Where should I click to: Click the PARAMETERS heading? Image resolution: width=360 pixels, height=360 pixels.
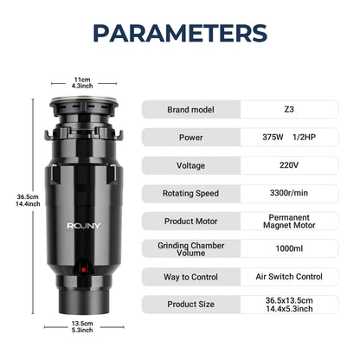[180, 33]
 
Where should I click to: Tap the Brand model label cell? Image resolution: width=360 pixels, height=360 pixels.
[191, 110]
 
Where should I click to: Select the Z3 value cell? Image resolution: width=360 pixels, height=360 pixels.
[289, 109]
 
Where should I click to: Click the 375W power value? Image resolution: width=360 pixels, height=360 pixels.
[273, 137]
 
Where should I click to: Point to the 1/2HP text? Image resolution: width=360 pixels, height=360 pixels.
[304, 137]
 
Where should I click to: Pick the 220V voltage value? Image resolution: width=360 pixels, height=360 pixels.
[289, 165]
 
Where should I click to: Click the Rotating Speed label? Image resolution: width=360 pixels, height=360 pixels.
[190, 193]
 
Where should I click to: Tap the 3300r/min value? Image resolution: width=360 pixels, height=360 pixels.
[289, 193]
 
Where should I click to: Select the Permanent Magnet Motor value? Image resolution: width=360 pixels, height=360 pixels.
[289, 222]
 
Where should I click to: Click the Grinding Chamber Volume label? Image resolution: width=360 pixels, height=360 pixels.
[191, 249]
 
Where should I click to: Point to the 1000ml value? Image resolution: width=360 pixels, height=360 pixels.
[289, 248]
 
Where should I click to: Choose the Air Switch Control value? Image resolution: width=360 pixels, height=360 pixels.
[289, 277]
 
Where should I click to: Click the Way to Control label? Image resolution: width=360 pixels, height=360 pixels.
[190, 277]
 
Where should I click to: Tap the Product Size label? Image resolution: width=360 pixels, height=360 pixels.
[191, 305]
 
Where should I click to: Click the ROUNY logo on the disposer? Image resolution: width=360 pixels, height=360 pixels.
[84, 226]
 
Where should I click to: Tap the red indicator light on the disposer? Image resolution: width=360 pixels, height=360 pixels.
[84, 270]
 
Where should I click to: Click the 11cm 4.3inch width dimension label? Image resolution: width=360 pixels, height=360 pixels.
[82, 82]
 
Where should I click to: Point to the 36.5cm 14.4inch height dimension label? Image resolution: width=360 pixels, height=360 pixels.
[28, 200]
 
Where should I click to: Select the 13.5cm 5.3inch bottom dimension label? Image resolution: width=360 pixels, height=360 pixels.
[82, 326]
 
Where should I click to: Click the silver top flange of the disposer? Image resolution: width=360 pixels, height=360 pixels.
[84, 100]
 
